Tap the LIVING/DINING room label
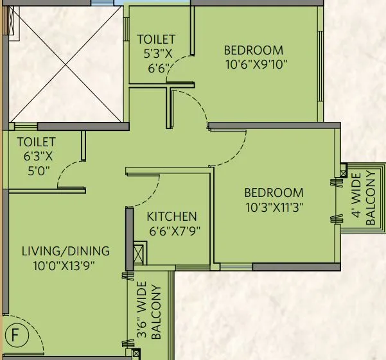(66, 251)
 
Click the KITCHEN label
(171, 217)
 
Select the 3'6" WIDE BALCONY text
(148, 310)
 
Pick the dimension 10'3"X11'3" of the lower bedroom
(274, 207)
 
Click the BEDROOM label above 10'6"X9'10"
(253, 50)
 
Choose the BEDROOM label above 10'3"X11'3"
(274, 193)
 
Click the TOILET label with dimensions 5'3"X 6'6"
(156, 40)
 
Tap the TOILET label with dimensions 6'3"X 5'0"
(36, 142)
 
